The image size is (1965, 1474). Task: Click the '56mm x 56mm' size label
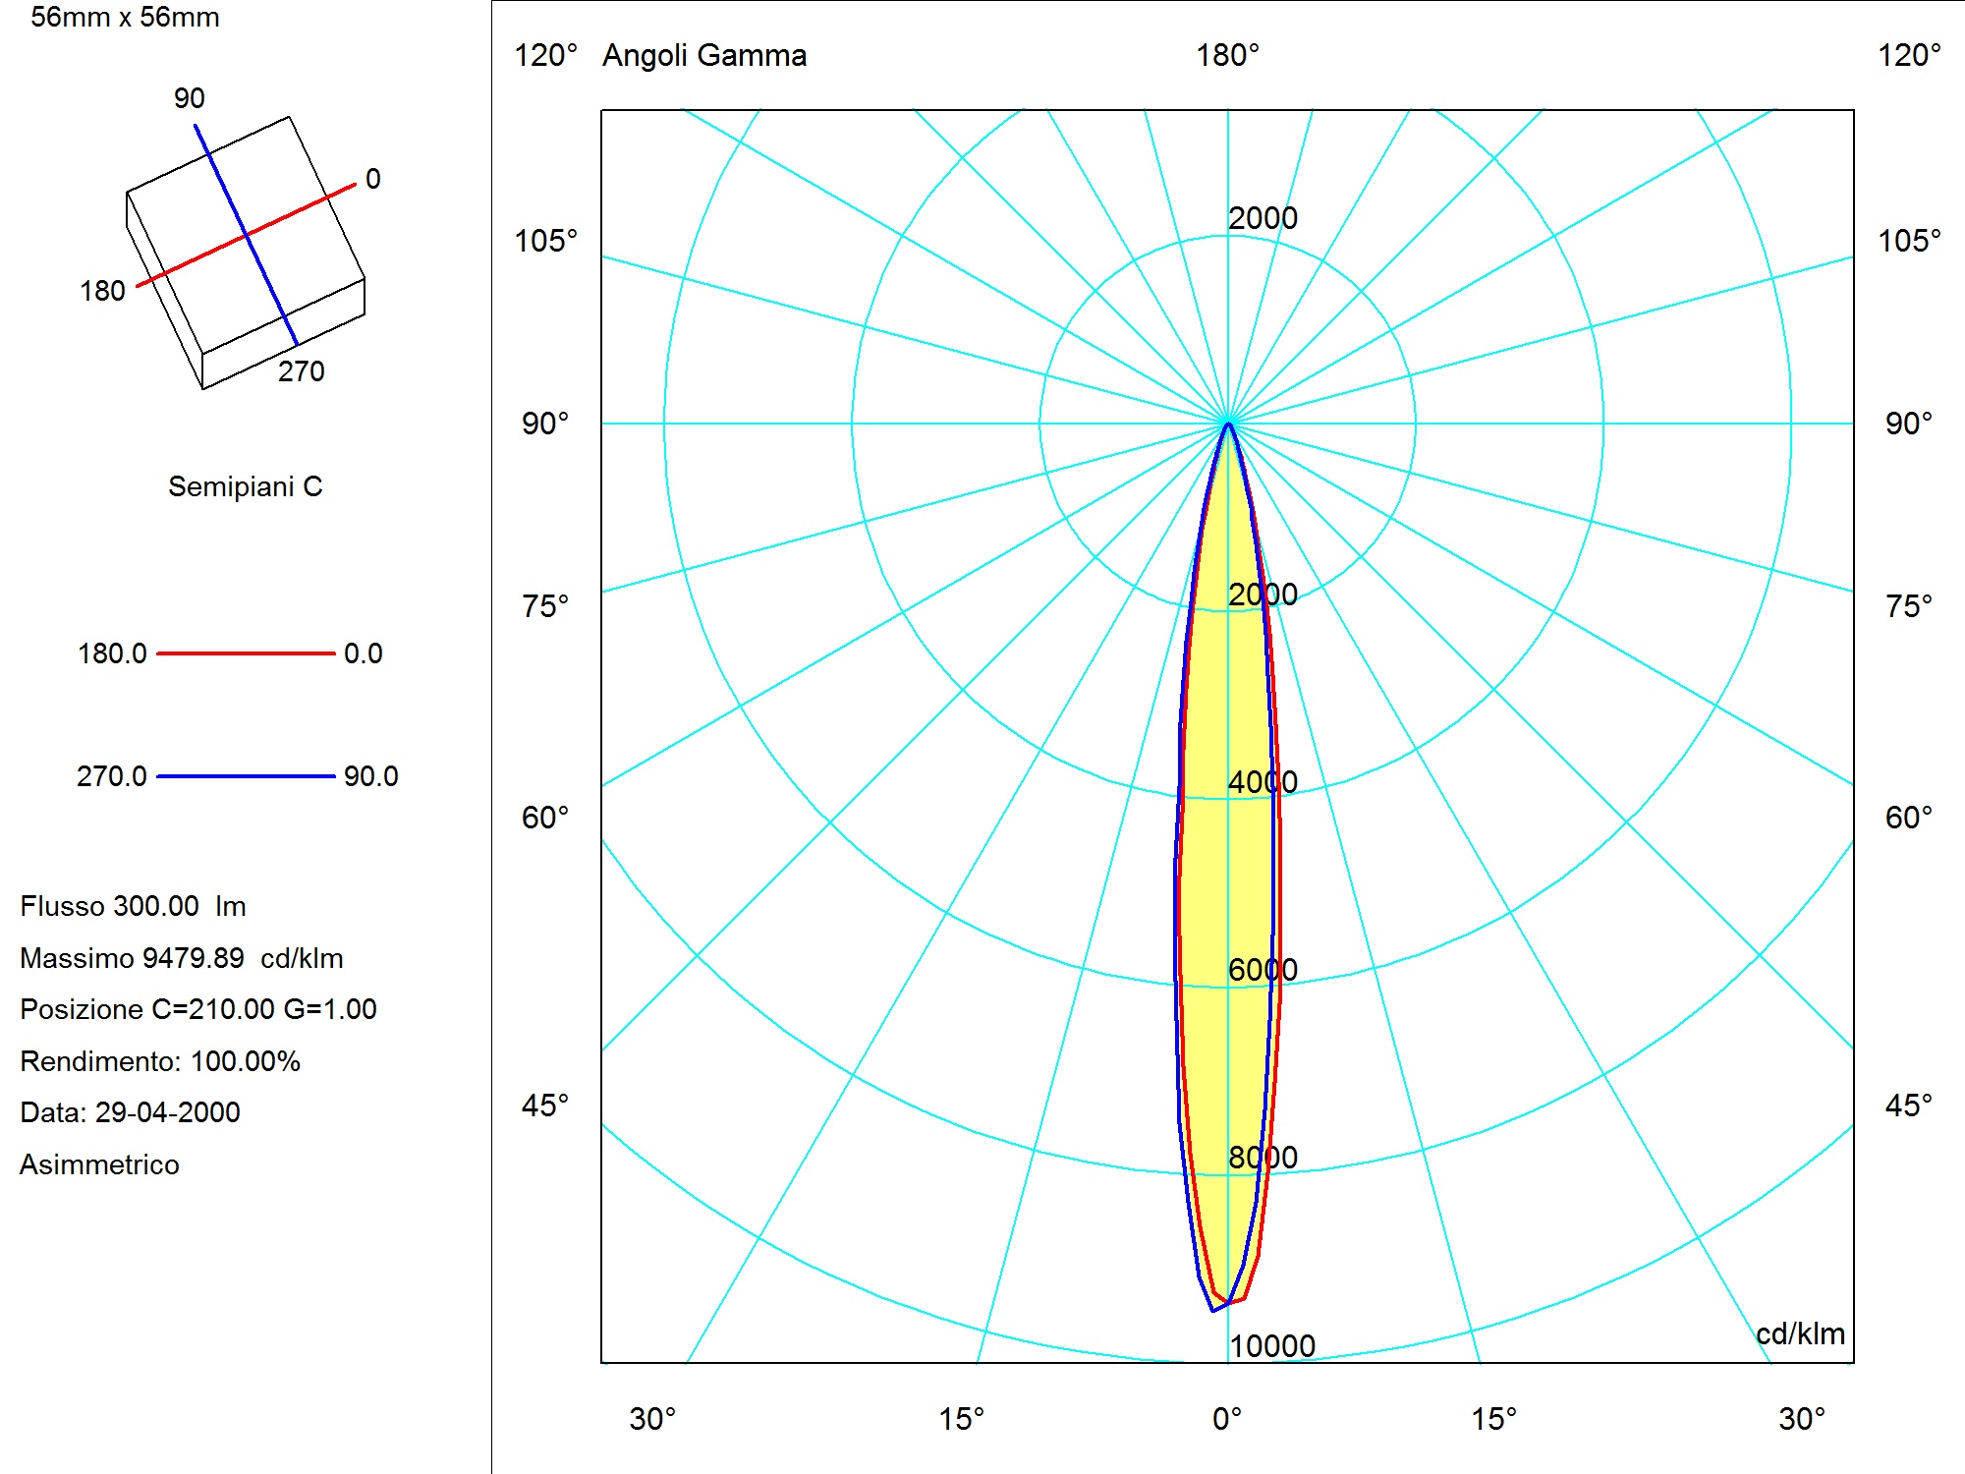[125, 18]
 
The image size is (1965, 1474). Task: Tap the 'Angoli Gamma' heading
[704, 56]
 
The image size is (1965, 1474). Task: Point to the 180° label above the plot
[1227, 55]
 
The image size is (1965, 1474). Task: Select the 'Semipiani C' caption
[246, 486]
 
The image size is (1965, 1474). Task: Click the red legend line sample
[246, 652]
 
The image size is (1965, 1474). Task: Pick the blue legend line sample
[246, 776]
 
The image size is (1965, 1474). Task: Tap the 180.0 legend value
[112, 653]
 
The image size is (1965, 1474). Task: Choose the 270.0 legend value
[112, 776]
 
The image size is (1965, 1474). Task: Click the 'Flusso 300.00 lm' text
[133, 906]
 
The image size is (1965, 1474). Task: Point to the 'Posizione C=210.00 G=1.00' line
[198, 1009]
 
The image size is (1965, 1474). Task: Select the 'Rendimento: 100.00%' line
[160, 1061]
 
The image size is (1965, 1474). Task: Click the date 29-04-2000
[167, 1112]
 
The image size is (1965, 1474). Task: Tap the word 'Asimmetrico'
[99, 1164]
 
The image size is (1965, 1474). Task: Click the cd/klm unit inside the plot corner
[1800, 1333]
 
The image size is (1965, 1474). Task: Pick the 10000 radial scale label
[1272, 1346]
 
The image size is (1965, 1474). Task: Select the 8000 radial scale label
[1263, 1158]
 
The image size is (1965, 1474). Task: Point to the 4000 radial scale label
[1263, 782]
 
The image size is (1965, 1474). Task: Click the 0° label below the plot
[1227, 1419]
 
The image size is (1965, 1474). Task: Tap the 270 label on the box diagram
[301, 371]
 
